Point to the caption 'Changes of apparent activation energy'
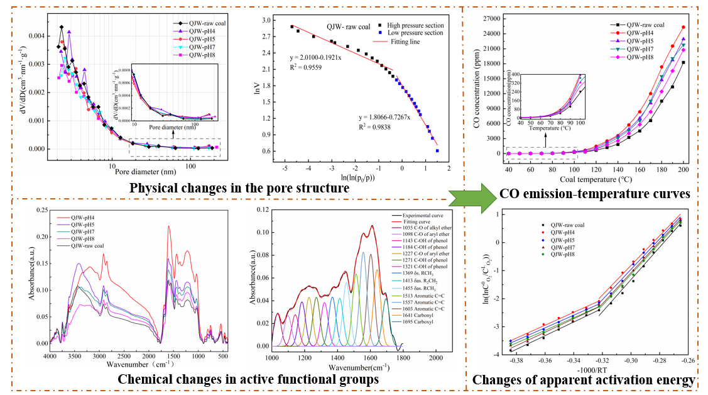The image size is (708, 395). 584,380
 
